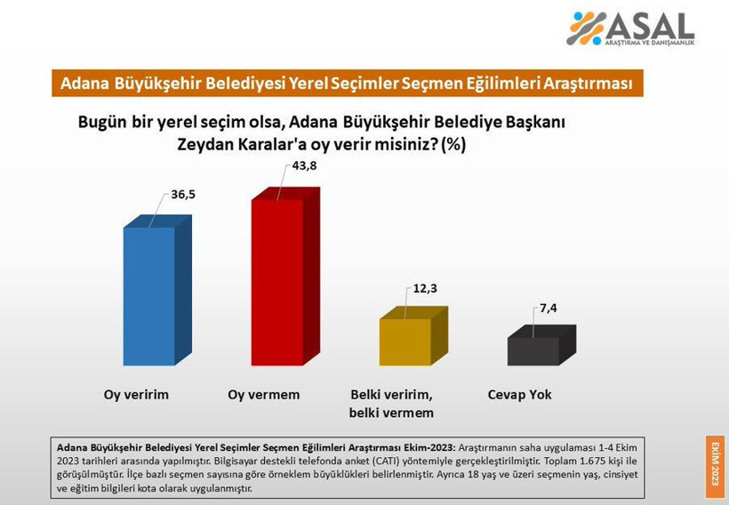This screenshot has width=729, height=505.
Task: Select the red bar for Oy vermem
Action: tap(276, 282)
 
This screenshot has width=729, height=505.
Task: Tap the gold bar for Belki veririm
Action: tap(405, 341)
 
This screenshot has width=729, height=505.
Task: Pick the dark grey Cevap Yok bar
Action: tap(533, 350)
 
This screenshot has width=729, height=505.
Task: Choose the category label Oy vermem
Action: tap(264, 395)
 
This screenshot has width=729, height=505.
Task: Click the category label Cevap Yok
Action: tap(520, 395)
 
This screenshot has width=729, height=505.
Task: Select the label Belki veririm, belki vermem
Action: tap(391, 404)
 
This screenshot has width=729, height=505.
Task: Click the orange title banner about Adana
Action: tap(346, 84)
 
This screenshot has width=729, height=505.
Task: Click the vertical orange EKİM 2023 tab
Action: tap(713, 465)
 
